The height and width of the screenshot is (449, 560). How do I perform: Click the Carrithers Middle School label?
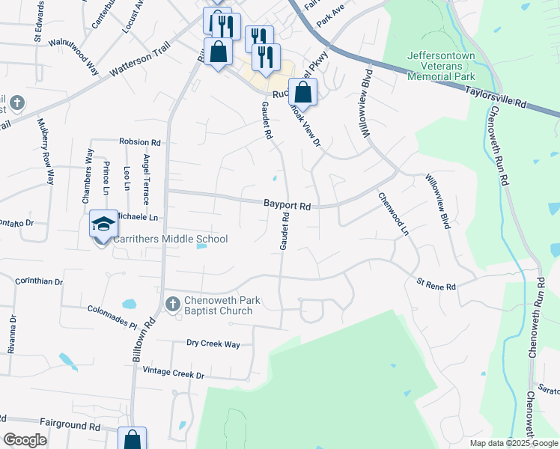point(170,239)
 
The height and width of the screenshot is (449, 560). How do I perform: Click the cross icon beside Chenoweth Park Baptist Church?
point(172,304)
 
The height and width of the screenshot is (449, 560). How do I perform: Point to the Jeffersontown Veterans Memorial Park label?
point(442,66)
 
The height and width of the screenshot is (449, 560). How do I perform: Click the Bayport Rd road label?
point(287,204)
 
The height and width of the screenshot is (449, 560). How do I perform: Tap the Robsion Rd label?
point(140,141)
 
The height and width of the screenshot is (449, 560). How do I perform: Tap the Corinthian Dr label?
point(39,281)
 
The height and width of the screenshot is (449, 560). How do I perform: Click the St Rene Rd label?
point(436,286)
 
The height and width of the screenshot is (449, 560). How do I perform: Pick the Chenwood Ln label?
point(394,213)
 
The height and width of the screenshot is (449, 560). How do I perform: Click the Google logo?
point(25,440)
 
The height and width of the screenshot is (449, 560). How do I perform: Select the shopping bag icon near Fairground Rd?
point(132,439)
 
